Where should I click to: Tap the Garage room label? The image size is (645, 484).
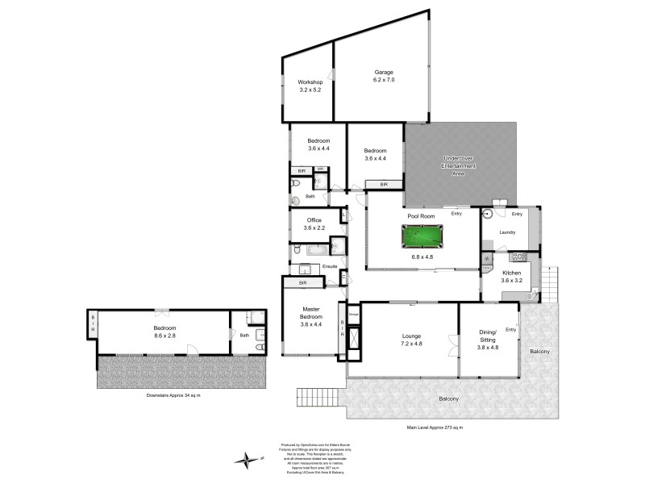[384, 72]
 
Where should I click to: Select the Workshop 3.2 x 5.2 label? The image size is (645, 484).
[310, 86]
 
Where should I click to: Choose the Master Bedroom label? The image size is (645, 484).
[311, 315]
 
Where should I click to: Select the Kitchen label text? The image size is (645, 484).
[512, 273]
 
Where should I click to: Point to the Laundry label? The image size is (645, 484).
[507, 232]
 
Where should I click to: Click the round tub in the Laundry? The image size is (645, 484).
[488, 214]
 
